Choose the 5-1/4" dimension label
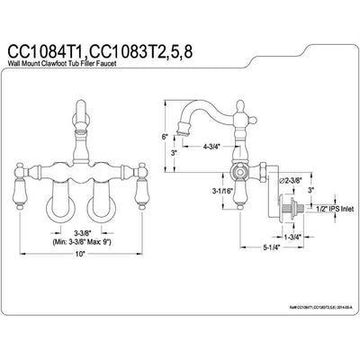pos(258,267)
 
